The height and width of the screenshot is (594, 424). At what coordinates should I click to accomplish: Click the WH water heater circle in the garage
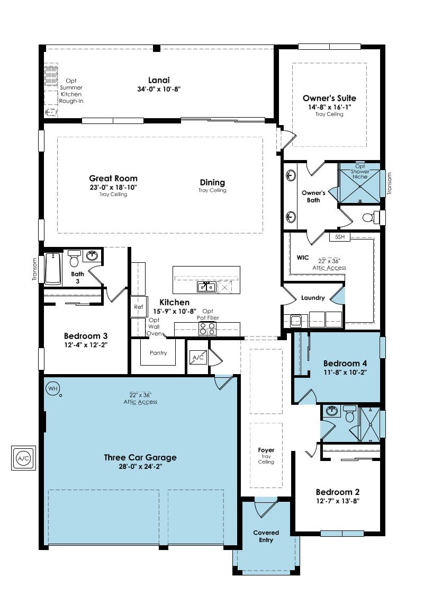[x=52, y=389]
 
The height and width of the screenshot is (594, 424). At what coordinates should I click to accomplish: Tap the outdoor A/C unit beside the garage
[x=23, y=458]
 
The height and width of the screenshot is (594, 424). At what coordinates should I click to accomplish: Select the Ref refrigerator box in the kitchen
[x=138, y=307]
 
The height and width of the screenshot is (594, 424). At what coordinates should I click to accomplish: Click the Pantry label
[x=158, y=353]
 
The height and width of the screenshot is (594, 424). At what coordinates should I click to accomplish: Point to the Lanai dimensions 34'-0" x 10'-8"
[x=159, y=90]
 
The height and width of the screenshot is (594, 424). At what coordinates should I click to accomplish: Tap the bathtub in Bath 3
[x=53, y=269]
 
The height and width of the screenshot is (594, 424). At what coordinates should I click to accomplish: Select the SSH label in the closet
[x=340, y=237]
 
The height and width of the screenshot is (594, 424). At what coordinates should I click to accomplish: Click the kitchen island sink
[x=206, y=287]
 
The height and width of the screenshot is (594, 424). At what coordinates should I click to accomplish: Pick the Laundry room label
[x=313, y=298]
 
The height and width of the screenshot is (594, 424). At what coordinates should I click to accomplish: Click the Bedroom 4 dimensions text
[x=345, y=373]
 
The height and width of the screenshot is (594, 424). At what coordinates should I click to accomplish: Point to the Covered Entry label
[x=266, y=536]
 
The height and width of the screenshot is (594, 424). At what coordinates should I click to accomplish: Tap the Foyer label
[x=266, y=450]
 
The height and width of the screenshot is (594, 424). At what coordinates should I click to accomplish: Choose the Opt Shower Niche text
[x=360, y=171]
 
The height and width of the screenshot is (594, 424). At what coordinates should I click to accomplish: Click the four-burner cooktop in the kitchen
[x=208, y=329]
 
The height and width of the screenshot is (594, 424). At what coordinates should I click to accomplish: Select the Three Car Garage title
[x=140, y=457]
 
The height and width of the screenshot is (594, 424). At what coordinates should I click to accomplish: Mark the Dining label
[x=212, y=183]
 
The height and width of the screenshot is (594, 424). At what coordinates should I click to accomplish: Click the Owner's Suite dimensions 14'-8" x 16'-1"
[x=330, y=107]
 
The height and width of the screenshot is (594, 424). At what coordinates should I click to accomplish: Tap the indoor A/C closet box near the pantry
[x=198, y=357]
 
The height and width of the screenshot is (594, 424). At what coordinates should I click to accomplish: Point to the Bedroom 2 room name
[x=338, y=492]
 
